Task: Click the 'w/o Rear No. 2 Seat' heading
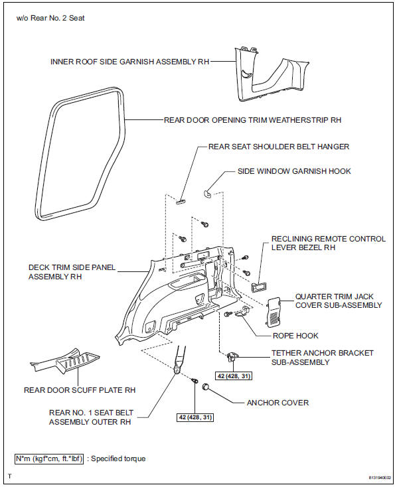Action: pyautogui.click(x=50, y=17)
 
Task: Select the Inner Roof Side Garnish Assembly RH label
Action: pyautogui.click(x=130, y=61)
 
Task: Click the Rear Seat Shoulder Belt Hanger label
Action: pyautogui.click(x=279, y=147)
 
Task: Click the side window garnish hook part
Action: pyautogui.click(x=208, y=192)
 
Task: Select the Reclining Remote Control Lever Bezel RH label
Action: pyautogui.click(x=328, y=243)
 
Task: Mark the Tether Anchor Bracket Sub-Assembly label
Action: pyautogui.click(x=322, y=358)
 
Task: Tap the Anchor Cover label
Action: pyautogui.click(x=277, y=402)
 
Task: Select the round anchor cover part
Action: pyautogui.click(x=207, y=387)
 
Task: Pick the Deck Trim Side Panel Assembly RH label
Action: pyautogui.click(x=72, y=272)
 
